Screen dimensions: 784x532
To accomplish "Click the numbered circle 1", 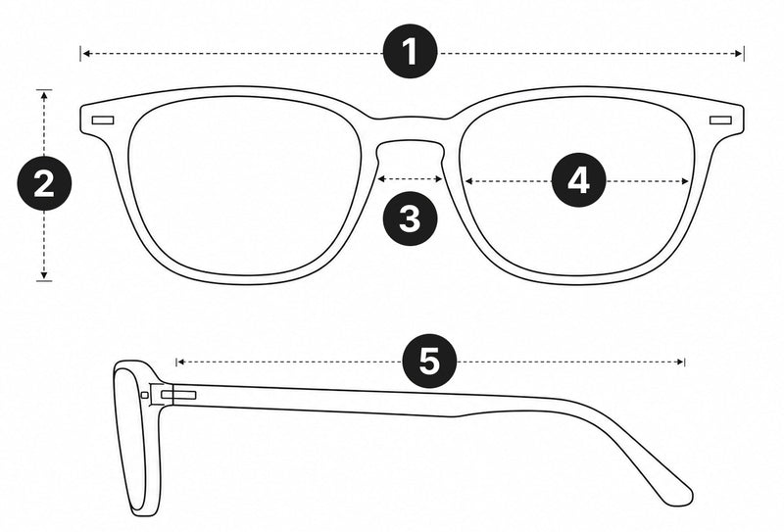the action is point(410,51).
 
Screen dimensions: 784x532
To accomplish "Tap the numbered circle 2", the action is point(44,183).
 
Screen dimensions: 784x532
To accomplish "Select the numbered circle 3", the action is point(410,218).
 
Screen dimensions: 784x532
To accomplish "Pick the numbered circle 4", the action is point(578,180).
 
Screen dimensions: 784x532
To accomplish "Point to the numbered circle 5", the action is point(429,361).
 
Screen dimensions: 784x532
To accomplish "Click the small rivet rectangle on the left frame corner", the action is point(103,121).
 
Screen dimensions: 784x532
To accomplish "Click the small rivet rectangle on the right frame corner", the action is point(720,120).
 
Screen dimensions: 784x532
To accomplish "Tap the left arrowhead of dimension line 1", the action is point(86,53).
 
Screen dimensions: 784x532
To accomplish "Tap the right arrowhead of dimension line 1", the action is point(740,54).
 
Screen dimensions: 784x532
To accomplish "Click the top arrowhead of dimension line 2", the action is point(44,95).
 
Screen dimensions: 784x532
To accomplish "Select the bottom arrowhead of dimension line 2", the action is point(44,274).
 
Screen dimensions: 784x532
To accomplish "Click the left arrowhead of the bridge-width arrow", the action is point(381,178).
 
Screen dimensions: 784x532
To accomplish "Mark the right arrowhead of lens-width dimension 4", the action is point(685,181).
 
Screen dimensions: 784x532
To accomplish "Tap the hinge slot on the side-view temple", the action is point(178,396).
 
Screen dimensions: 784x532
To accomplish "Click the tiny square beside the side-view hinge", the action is point(145,396).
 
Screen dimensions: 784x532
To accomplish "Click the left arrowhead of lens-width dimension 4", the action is point(469,181).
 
